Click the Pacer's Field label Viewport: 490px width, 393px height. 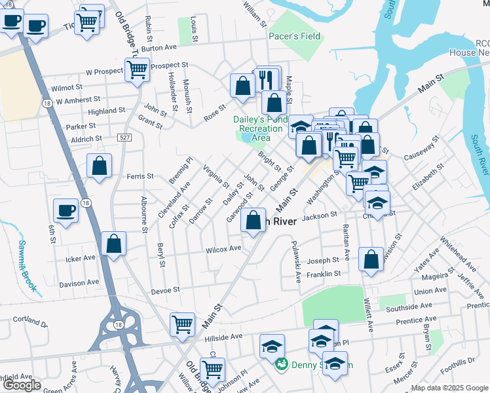click(x=294, y=36)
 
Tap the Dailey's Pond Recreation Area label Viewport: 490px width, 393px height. click(x=261, y=128)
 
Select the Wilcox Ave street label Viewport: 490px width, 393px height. click(x=223, y=249)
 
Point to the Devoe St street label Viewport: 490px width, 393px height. click(x=164, y=290)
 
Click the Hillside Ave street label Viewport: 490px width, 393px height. click(x=223, y=337)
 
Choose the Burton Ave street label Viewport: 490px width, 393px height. click(x=159, y=48)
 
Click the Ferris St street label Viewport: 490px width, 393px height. click(x=140, y=176)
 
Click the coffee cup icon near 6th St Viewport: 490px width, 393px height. click(x=66, y=210)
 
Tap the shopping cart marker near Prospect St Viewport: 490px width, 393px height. click(x=138, y=68)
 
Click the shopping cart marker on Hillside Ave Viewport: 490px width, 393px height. click(x=182, y=324)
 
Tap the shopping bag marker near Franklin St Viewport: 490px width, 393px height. click(x=371, y=259)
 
